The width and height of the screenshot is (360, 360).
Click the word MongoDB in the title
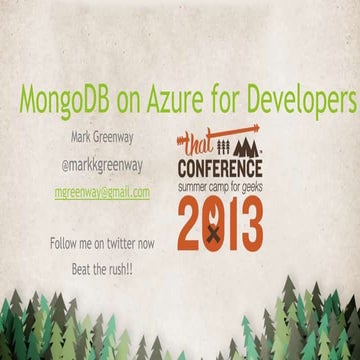[x=65, y=101]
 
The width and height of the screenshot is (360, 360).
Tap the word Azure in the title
[x=173, y=100]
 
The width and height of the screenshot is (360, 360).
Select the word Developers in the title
[x=299, y=101]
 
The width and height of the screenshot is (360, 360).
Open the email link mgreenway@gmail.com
[x=102, y=191]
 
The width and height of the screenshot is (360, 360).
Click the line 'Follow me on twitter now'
[x=102, y=243]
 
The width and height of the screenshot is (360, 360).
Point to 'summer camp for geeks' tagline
[x=220, y=187]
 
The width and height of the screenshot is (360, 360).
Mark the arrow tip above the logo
[x=257, y=128]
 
